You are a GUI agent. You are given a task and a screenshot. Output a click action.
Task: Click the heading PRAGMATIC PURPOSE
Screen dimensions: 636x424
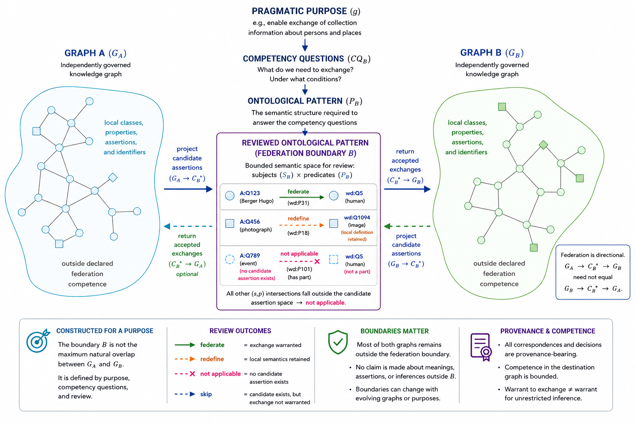299,11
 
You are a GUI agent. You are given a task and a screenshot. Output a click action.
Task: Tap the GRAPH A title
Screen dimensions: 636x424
84,53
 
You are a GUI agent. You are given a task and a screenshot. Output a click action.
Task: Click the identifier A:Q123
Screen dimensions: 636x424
250,193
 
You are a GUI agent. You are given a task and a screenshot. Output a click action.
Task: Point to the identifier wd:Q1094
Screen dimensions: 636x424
357,217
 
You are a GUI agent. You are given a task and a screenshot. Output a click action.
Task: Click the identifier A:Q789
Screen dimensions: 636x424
250,255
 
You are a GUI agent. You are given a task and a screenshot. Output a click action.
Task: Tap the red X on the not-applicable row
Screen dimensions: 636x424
317,262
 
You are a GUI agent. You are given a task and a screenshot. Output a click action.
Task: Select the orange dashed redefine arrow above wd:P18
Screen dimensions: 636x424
301,225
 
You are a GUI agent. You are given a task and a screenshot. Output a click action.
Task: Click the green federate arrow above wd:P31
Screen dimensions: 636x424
301,197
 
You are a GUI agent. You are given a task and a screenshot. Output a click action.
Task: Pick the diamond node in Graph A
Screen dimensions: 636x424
113,178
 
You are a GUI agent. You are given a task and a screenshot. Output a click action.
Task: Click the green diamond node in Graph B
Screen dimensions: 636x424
543,145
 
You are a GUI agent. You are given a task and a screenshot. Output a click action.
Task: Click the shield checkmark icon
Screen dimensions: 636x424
338,342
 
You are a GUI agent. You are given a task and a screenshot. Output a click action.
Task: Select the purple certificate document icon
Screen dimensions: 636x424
481,347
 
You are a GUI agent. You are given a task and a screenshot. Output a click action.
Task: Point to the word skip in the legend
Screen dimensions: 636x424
206,394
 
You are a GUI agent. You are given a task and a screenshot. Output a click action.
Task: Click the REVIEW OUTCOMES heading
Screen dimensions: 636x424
240,331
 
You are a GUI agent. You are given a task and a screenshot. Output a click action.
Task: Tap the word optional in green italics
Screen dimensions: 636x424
187,274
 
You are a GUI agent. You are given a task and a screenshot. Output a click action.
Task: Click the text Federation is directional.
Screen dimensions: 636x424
593,255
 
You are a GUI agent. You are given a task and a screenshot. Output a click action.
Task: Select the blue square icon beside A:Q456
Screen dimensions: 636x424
230,224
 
